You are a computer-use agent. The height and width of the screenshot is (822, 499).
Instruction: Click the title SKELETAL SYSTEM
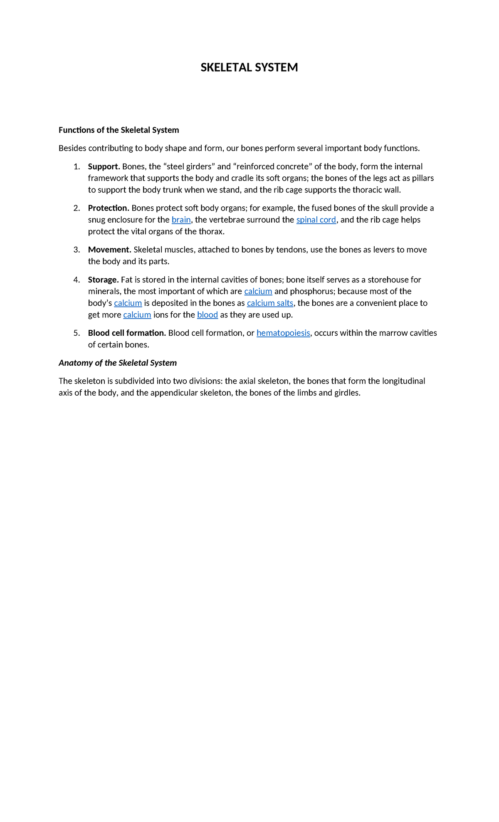pyautogui.click(x=249, y=67)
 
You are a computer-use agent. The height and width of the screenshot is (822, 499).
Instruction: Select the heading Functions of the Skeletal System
pyautogui.click(x=119, y=130)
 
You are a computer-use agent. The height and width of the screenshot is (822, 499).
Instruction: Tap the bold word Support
pyautogui.click(x=104, y=166)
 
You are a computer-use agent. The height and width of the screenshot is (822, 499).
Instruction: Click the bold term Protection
pyautogui.click(x=109, y=208)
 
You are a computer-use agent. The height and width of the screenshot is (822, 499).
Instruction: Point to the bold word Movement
pyautogui.click(x=109, y=250)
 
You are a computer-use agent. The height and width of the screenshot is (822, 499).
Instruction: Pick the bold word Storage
pyautogui.click(x=103, y=280)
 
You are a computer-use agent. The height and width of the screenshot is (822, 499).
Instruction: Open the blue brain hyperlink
pyautogui.click(x=181, y=220)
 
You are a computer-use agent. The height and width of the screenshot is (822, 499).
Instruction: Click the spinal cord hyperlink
pyautogui.click(x=316, y=220)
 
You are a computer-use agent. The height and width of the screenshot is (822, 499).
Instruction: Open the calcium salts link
pyautogui.click(x=270, y=303)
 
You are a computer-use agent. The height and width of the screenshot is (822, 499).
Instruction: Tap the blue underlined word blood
pyautogui.click(x=208, y=314)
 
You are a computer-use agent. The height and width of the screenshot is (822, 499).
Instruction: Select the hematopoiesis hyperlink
pyautogui.click(x=283, y=333)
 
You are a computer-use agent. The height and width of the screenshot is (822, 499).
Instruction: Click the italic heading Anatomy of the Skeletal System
pyautogui.click(x=118, y=363)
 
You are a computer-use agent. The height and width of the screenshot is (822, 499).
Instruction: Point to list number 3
pyautogui.click(x=77, y=250)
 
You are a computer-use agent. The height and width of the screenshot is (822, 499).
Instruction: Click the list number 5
pyautogui.click(x=77, y=333)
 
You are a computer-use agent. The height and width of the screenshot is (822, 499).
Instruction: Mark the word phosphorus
pyautogui.click(x=311, y=291)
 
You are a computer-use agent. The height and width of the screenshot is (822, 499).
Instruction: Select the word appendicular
pyautogui.click(x=174, y=393)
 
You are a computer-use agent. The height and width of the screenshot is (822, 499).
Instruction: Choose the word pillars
pyautogui.click(x=423, y=178)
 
